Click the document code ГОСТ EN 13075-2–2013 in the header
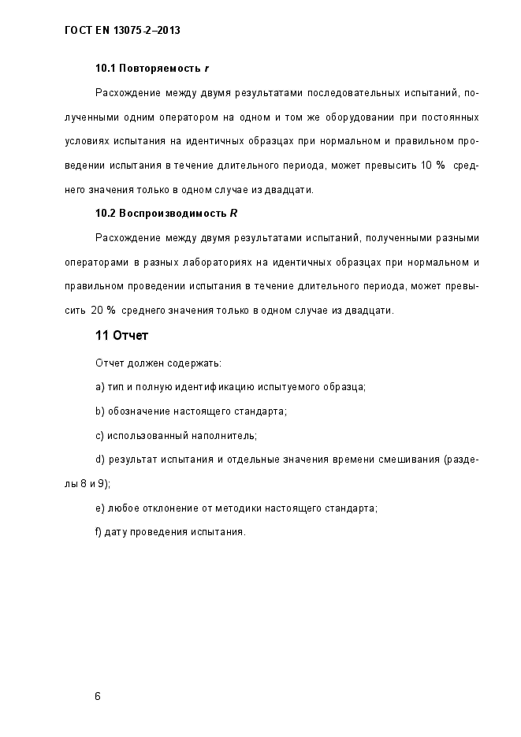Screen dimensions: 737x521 [122, 31]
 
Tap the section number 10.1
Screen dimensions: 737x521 [105, 69]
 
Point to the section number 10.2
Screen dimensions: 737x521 [105, 213]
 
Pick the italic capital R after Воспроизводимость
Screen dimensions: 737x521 [234, 213]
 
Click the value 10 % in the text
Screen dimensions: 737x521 [434, 166]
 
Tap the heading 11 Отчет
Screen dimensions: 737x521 [121, 336]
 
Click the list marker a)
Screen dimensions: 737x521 [100, 387]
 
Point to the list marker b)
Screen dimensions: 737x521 [100, 411]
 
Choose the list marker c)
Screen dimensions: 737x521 [100, 435]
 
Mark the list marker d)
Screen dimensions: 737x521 [100, 459]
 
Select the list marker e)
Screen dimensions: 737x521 [100, 508]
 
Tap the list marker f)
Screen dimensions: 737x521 [99, 531]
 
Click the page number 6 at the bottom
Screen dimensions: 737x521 [98, 696]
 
